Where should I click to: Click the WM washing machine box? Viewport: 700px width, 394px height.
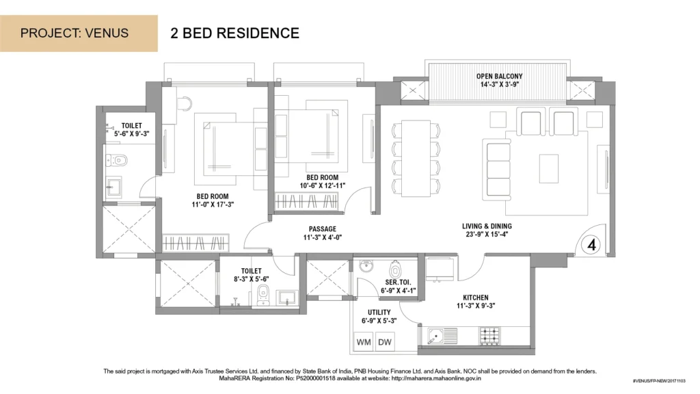pos(364,342)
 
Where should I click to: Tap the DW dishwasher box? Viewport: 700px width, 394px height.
pos(385,342)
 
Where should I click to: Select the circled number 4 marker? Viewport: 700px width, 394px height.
pos(591,245)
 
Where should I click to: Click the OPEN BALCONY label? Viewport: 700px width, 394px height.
pos(499,77)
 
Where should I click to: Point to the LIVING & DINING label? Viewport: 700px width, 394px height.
pos(487,226)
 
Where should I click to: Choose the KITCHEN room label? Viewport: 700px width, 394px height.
pos(476,298)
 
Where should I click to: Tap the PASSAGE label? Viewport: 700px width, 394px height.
pos(323,229)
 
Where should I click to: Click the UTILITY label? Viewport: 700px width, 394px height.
pos(379,312)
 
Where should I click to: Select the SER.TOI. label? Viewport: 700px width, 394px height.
pos(398,283)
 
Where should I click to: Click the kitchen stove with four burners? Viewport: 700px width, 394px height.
pos(489,336)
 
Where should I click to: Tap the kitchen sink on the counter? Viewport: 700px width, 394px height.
pos(442,336)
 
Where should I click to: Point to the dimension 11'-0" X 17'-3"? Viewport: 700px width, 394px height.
pos(213,205)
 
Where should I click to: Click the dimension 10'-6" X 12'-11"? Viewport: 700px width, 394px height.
pos(323,186)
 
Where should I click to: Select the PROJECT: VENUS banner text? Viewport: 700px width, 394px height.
pos(75,33)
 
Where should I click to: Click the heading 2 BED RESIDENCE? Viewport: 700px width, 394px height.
pos(235,33)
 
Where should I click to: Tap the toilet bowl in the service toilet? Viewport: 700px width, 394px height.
pos(394,270)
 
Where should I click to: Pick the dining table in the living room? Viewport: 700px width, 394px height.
pos(416,158)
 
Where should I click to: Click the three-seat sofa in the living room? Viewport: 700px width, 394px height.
pos(496,168)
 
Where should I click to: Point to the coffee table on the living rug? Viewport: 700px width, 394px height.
pos(549,168)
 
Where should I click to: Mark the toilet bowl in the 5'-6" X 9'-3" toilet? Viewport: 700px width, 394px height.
pos(117,160)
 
